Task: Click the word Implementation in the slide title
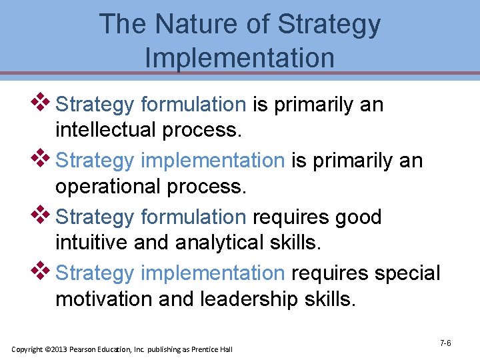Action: point(239,57)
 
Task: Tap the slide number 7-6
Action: point(445,343)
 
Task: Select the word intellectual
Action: point(107,130)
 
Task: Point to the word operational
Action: point(107,187)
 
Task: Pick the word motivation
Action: point(105,299)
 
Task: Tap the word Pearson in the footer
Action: point(83,349)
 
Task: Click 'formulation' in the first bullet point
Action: point(193,105)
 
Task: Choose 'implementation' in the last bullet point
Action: point(213,273)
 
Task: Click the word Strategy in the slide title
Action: point(329,25)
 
